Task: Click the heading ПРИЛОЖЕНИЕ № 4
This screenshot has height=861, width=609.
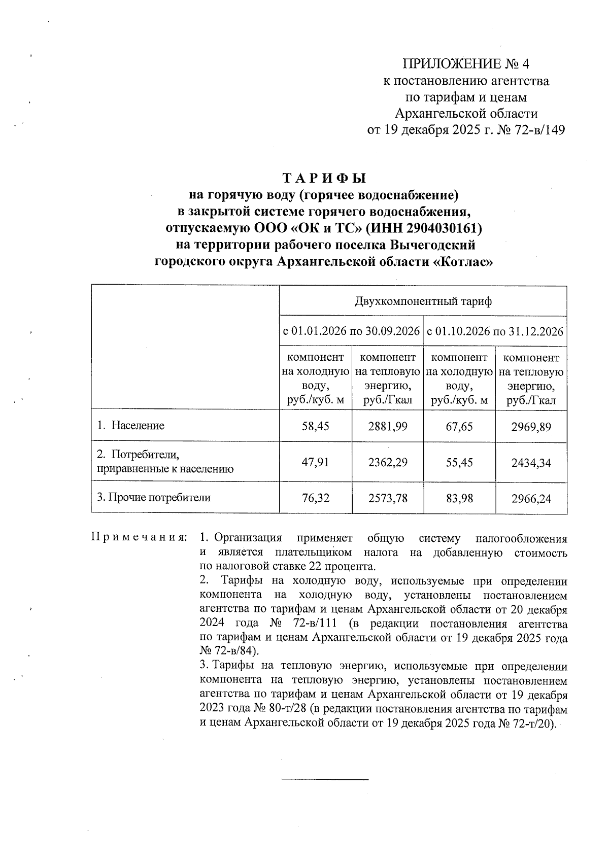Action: [465, 64]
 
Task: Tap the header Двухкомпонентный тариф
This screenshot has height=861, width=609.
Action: [423, 302]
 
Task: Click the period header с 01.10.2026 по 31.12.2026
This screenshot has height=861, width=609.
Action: [495, 332]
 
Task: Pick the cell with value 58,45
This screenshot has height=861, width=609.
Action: [315, 426]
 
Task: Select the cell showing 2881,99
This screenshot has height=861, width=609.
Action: [388, 426]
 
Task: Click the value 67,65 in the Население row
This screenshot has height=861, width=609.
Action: [459, 426]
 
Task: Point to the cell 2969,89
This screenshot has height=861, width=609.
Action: [531, 426]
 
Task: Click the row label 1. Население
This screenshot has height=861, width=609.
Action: [131, 426]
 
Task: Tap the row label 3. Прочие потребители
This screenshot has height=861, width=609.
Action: [154, 498]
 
